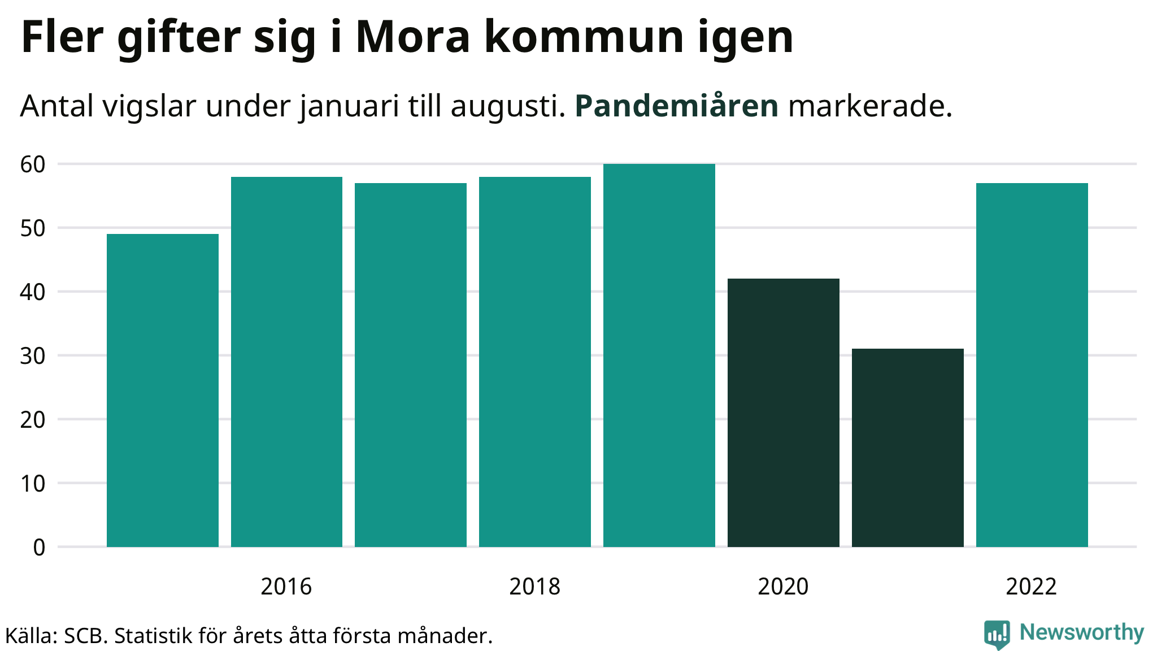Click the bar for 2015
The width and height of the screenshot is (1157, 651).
tap(163, 390)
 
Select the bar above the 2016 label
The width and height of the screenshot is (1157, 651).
tap(286, 362)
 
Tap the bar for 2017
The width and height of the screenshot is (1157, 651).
tap(411, 364)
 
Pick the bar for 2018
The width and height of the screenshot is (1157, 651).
tap(535, 362)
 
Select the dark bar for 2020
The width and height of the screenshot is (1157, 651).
tap(784, 413)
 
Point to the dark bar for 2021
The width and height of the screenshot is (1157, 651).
tap(908, 448)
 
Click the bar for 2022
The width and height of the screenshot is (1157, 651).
tap(1032, 364)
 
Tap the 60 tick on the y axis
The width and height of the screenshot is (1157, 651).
tap(33, 164)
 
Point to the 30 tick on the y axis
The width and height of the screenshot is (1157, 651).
tap(33, 356)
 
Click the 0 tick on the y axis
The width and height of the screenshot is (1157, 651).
tap(39, 548)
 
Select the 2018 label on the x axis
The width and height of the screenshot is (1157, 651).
tap(534, 587)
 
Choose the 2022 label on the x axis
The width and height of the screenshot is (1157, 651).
tap(1031, 587)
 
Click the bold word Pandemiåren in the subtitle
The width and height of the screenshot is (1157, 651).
tap(677, 106)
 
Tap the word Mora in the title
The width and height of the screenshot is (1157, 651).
tap(413, 37)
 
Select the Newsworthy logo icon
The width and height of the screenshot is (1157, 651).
tap(997, 635)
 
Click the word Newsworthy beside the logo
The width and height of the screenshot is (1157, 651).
tap(1082, 632)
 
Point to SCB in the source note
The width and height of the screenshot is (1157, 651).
tap(85, 636)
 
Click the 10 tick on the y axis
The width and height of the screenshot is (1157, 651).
tap(33, 484)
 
